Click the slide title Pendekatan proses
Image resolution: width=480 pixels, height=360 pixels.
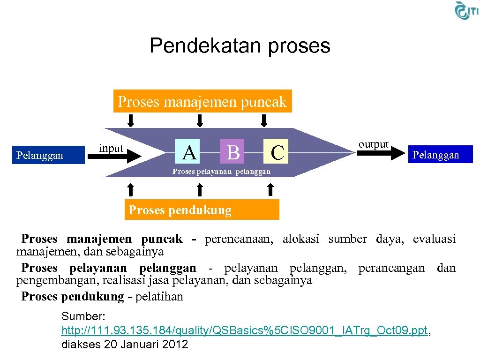point(240,46)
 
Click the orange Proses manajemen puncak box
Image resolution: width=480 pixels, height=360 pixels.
point(202,101)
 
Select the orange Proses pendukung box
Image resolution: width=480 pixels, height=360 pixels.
point(202,210)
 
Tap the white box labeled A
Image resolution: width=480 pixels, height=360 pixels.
point(189,152)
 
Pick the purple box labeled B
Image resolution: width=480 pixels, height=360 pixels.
point(232,152)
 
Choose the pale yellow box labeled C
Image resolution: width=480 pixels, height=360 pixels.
point(277,152)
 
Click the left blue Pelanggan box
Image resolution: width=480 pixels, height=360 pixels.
point(40,155)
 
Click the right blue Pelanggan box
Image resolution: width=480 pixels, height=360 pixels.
point(435,155)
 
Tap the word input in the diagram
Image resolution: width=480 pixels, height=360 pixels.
point(111,148)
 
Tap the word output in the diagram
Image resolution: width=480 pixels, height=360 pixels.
point(373,144)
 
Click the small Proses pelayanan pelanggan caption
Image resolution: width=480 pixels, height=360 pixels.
point(221,172)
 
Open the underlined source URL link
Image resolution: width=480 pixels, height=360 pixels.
point(244,331)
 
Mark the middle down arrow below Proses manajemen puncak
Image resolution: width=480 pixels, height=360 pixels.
point(200,121)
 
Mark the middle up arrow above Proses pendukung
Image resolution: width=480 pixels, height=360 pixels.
point(200,189)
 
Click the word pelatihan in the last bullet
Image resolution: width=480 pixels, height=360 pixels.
point(159,297)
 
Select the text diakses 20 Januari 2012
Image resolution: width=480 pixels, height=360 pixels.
point(125,345)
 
